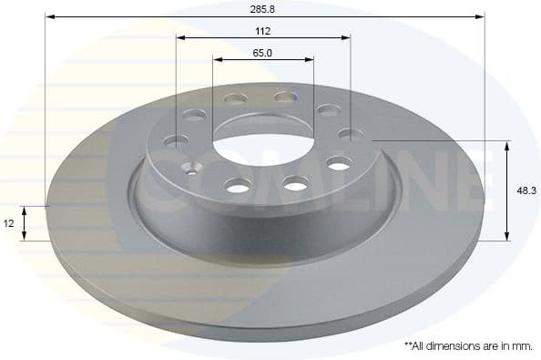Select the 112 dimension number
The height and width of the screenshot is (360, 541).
(263, 29)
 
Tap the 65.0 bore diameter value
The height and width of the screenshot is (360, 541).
(263, 52)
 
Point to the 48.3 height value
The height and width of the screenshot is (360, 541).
(525, 190)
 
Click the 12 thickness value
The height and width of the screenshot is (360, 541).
(9, 222)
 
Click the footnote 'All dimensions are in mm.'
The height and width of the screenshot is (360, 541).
(467, 346)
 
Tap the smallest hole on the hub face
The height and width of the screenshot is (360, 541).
(191, 167)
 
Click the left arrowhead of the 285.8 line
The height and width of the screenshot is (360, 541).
(48, 16)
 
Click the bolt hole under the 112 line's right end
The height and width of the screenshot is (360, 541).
(350, 134)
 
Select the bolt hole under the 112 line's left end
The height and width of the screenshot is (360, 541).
(177, 140)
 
